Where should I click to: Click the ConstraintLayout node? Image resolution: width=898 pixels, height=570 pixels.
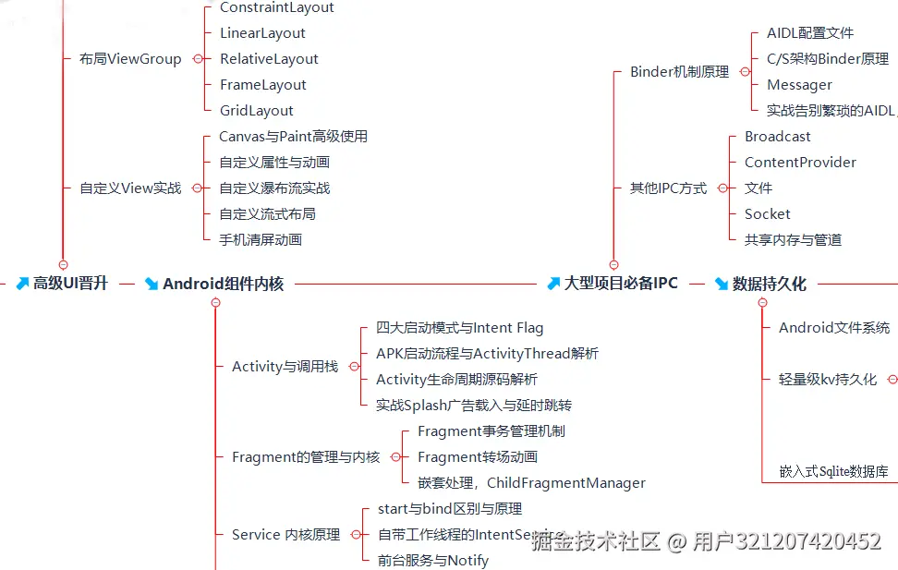tap(277, 7)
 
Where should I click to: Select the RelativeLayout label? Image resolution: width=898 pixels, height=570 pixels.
tap(269, 59)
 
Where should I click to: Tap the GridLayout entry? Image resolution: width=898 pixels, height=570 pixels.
tap(257, 111)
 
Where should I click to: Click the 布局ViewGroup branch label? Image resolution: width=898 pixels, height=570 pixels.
tap(130, 59)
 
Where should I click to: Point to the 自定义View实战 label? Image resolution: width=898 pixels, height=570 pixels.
tap(130, 188)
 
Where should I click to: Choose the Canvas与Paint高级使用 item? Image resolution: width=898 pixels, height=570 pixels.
tap(293, 137)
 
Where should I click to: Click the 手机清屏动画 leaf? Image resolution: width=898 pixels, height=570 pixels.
tap(261, 240)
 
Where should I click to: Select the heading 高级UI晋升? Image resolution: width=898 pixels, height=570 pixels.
tap(70, 284)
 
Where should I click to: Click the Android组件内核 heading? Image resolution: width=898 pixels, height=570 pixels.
tap(223, 284)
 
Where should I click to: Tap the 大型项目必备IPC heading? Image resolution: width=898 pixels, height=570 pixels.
tap(621, 284)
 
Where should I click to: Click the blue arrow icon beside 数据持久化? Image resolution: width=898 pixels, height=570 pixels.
tap(722, 284)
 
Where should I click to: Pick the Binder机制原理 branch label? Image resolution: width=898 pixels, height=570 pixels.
tap(679, 72)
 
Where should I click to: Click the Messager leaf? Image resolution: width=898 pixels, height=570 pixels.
tap(799, 85)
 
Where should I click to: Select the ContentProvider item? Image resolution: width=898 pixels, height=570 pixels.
tap(800, 163)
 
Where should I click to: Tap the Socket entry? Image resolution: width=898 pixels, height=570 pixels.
tap(768, 214)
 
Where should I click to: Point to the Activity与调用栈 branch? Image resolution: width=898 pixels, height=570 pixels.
tap(285, 367)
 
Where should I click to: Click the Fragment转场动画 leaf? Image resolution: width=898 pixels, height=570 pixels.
tap(478, 457)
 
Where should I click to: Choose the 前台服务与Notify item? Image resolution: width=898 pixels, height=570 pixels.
tap(433, 561)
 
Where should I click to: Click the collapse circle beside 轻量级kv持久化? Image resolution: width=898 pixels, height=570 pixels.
tap(892, 380)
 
